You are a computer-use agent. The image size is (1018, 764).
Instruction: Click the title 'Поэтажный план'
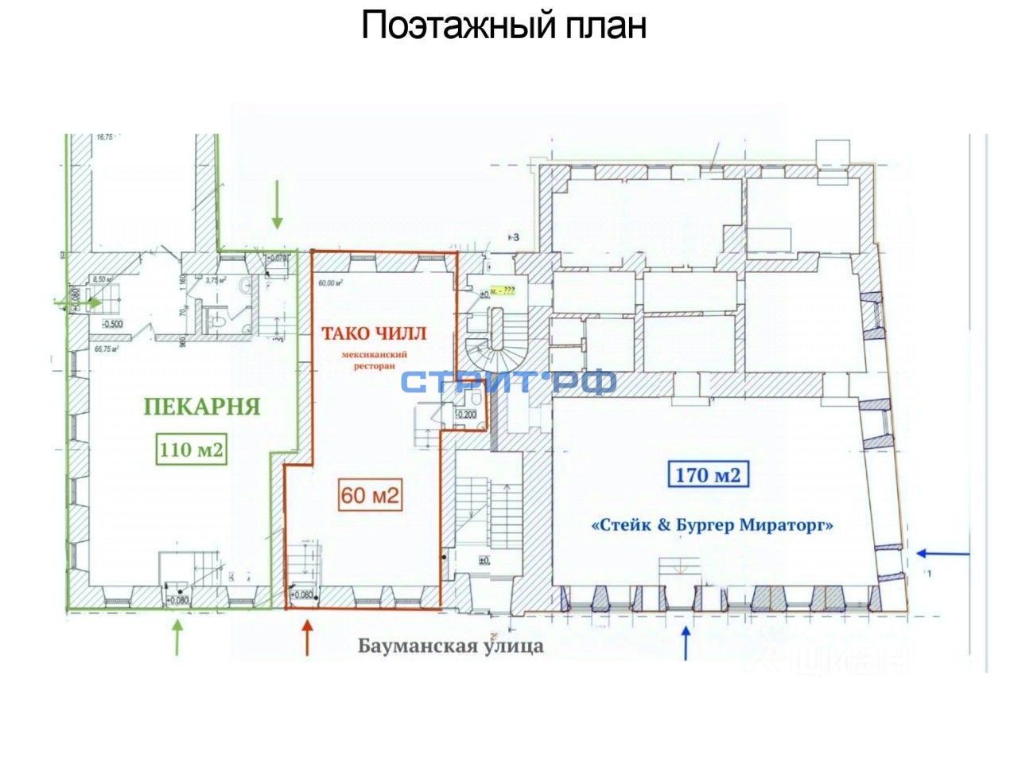(503, 25)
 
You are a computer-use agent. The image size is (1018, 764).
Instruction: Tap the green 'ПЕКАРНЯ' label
(202, 407)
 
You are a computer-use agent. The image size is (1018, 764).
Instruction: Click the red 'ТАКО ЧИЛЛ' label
(373, 333)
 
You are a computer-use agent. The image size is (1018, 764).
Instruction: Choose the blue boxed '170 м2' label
(708, 476)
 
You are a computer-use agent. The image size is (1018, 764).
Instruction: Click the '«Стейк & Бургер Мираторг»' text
(713, 525)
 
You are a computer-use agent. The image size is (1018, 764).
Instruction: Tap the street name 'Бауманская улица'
(451, 645)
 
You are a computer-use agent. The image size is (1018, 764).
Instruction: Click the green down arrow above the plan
(278, 204)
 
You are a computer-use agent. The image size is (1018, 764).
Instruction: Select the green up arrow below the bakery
(177, 637)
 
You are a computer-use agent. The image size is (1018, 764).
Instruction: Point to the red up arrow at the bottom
(306, 638)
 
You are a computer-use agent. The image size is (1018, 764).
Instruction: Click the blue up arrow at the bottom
(686, 643)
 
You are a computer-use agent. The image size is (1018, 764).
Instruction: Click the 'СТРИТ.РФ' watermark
(509, 383)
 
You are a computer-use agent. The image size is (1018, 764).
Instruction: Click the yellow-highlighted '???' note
(504, 291)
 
